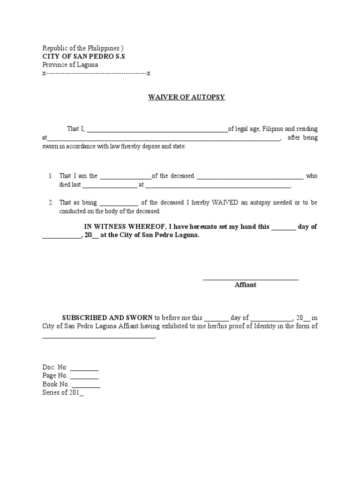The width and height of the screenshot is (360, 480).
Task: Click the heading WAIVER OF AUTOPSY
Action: point(187,97)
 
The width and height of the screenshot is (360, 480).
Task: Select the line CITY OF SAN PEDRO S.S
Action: point(84,56)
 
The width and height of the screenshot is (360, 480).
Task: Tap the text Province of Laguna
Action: point(70,65)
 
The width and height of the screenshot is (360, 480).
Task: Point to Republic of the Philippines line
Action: point(83,48)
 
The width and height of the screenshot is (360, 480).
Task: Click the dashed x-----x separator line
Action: point(96,74)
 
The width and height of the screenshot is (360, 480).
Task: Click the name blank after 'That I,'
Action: point(157,129)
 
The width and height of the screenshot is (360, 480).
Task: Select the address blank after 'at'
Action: point(164,138)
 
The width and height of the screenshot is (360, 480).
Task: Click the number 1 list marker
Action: point(51,176)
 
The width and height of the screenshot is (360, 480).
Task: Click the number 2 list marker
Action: point(51,202)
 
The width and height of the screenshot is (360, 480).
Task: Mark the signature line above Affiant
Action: point(250,279)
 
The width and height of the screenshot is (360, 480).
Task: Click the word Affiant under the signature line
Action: point(246,285)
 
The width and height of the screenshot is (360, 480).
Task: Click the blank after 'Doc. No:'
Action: point(84,367)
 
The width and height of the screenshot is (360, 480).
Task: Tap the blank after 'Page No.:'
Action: point(85,376)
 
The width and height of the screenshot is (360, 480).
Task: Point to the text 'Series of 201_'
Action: point(63,393)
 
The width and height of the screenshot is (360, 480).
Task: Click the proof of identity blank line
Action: point(99,336)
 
